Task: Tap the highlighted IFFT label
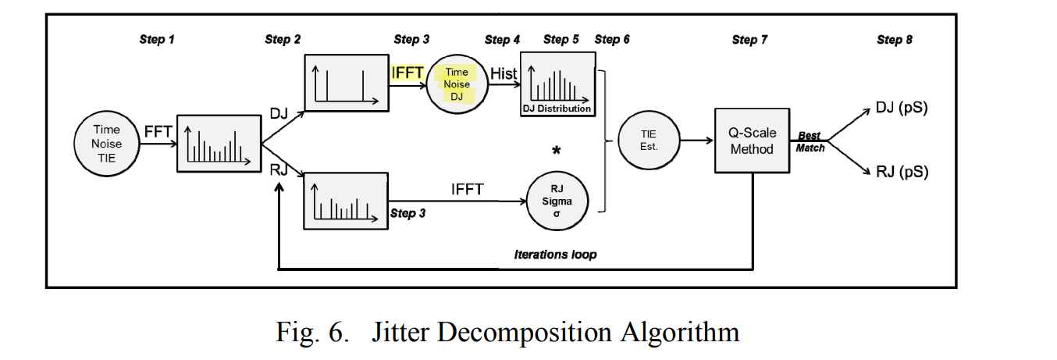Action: (407, 73)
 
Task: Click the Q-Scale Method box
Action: (752, 141)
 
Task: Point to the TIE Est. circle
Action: (648, 141)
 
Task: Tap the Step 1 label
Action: (157, 40)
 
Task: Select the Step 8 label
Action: (894, 40)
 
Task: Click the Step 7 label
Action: (749, 40)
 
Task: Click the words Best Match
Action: (810, 141)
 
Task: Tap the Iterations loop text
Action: (555, 255)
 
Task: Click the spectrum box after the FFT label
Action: (219, 143)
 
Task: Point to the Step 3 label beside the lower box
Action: (407, 213)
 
